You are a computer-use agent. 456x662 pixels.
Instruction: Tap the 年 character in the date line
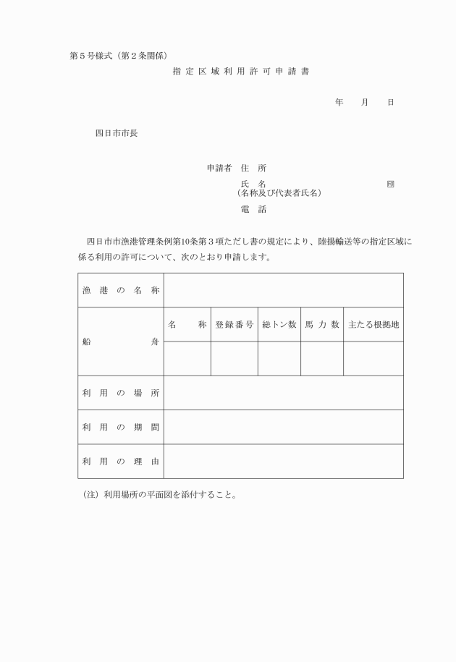click(x=339, y=103)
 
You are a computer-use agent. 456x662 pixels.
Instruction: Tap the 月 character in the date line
click(x=364, y=103)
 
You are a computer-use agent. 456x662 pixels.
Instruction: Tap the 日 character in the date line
click(x=390, y=103)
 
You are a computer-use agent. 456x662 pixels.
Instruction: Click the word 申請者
click(x=219, y=168)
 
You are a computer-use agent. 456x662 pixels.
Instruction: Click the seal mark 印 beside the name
click(x=390, y=184)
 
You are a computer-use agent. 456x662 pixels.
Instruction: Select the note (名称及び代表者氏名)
click(x=279, y=193)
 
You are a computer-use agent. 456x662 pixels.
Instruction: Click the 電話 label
click(x=253, y=210)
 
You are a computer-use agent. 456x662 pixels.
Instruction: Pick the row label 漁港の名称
click(x=120, y=290)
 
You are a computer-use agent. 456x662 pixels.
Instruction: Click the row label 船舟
click(x=120, y=341)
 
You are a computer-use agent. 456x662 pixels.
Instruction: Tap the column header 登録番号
click(x=234, y=325)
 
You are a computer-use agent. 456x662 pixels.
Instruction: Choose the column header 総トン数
click(x=279, y=325)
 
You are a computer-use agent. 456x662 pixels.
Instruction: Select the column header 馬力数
click(x=321, y=325)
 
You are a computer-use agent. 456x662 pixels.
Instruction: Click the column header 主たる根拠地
click(x=373, y=325)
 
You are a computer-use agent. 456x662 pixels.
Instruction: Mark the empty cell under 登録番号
click(x=234, y=359)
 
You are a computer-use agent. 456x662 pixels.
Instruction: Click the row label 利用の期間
click(x=120, y=427)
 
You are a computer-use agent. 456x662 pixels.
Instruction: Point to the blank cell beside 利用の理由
click(x=283, y=461)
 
